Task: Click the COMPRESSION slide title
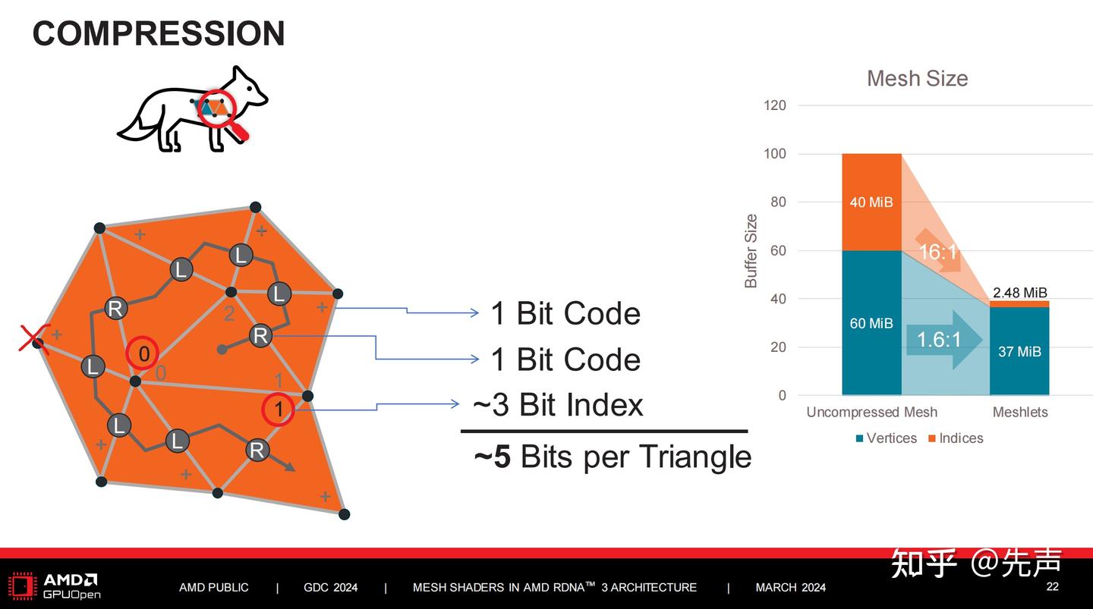click(158, 34)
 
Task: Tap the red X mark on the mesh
click(34, 338)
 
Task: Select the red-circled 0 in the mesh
click(143, 353)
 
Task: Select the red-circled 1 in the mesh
click(279, 410)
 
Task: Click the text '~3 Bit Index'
click(558, 405)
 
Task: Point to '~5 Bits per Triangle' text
click(613, 457)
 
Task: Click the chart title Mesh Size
click(917, 79)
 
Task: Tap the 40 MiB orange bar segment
click(871, 202)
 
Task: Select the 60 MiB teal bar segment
click(871, 323)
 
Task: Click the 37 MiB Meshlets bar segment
click(1019, 351)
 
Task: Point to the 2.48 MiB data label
click(1019, 292)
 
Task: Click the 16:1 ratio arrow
click(939, 251)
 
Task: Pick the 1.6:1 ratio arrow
click(940, 339)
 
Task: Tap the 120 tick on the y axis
click(774, 105)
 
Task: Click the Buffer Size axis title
click(751, 251)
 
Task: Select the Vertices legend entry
click(886, 438)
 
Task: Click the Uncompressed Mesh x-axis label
click(871, 413)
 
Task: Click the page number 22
click(1052, 586)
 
